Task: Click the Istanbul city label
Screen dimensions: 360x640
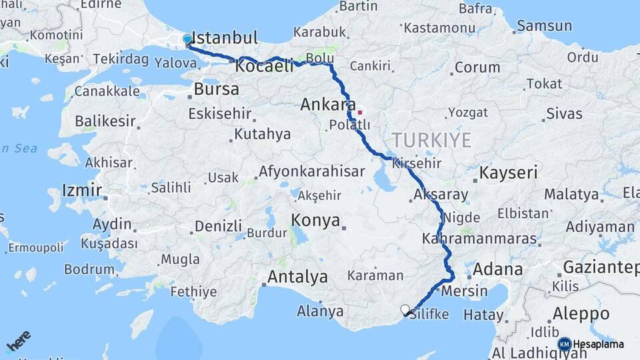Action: tap(225, 37)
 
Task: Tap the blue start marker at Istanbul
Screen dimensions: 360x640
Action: tap(187, 39)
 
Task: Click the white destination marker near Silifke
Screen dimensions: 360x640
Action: tap(405, 309)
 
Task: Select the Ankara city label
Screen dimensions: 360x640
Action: tap(327, 105)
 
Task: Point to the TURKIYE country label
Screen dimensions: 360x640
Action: tap(431, 140)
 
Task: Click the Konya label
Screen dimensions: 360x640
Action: tap(316, 221)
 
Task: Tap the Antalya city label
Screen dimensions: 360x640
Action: tap(297, 276)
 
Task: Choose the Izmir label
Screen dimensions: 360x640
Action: tap(82, 191)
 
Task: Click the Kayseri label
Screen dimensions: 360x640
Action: tap(509, 173)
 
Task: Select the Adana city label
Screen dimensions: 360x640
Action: tap(498, 270)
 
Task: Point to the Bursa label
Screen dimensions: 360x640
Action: tap(217, 89)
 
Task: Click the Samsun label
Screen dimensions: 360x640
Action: tap(544, 27)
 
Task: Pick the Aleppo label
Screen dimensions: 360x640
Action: tap(581, 313)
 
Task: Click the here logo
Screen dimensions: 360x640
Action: tap(18, 341)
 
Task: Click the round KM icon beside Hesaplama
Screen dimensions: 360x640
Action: tap(564, 344)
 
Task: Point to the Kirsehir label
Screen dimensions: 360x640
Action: tap(418, 163)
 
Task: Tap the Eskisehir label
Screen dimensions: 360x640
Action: tap(220, 114)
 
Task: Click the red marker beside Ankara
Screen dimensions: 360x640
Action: tap(359, 112)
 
